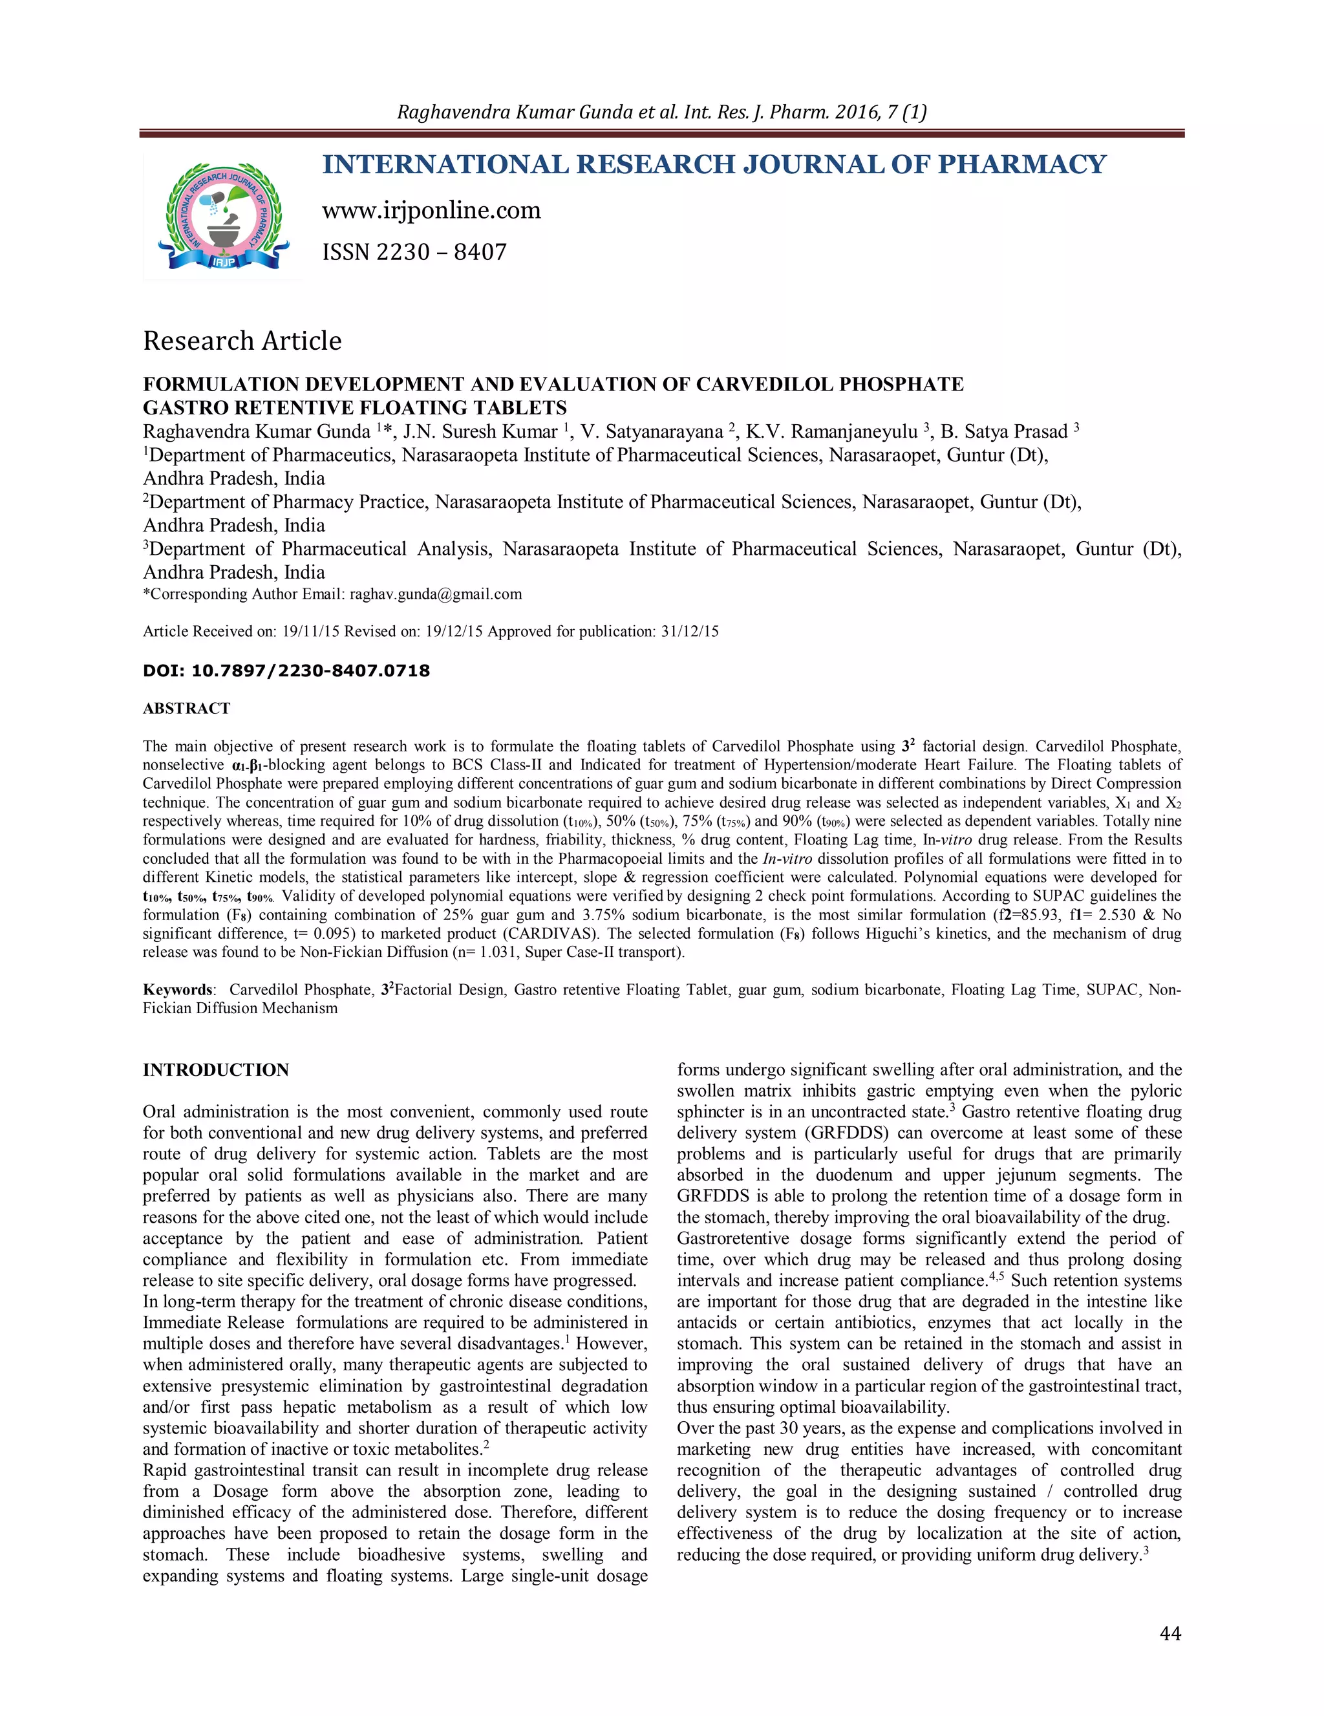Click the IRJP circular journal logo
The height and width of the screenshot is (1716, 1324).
pyautogui.click(x=223, y=217)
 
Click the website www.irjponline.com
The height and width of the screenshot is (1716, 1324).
pyautogui.click(x=431, y=211)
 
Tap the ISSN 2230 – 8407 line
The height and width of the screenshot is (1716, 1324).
pyautogui.click(x=414, y=252)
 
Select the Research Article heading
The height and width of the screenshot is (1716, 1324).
pyautogui.click(x=242, y=341)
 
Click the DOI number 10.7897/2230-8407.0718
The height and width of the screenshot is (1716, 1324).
pyautogui.click(x=310, y=671)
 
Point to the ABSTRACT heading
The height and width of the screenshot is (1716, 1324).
pyautogui.click(x=186, y=709)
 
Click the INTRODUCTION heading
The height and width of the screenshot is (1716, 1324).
pyautogui.click(x=215, y=1070)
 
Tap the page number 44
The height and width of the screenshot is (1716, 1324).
pyautogui.click(x=1170, y=1633)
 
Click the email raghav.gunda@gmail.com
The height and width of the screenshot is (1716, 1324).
pyautogui.click(x=435, y=594)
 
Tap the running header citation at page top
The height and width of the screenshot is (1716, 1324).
pyautogui.click(x=661, y=112)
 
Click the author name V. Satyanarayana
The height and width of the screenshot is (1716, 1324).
pyautogui.click(x=652, y=431)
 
